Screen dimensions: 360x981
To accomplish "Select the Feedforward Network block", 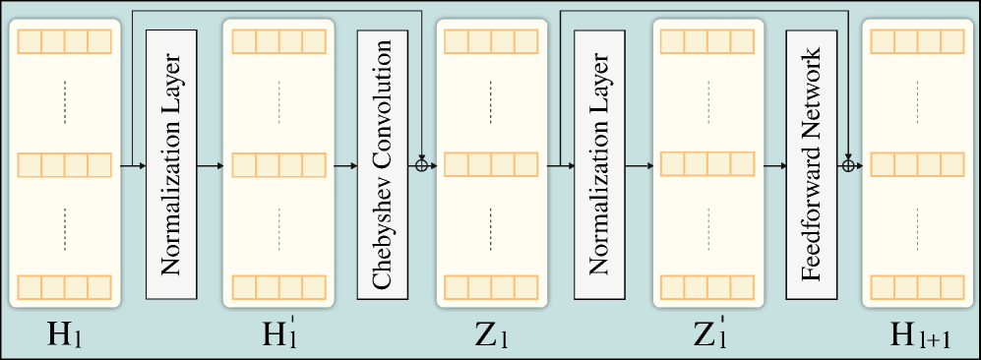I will tap(811, 164).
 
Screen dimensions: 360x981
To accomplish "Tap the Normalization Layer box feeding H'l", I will tap(171, 164).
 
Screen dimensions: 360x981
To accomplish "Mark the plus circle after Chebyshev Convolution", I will tap(422, 165).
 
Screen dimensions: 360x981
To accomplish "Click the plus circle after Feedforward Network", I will tap(849, 165).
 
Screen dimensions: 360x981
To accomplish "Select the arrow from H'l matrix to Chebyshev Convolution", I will tap(344, 165).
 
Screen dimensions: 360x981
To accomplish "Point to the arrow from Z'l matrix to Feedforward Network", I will tap(771, 165).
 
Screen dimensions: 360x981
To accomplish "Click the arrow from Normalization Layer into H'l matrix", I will tap(210, 165).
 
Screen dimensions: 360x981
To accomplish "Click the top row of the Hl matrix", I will tap(64, 42).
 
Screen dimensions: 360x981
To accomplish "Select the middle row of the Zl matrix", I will tap(491, 165).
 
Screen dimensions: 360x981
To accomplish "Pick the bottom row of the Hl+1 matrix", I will tap(918, 288).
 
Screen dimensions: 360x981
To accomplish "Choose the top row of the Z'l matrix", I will tap(705, 42).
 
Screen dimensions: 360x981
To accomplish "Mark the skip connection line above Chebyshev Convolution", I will tap(276, 11).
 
